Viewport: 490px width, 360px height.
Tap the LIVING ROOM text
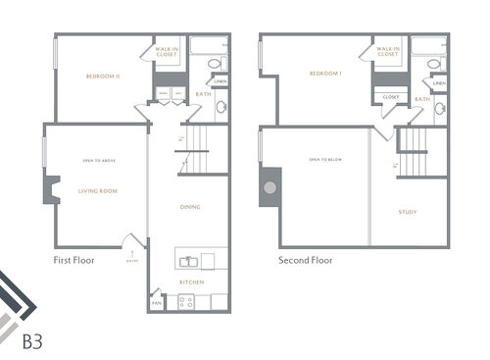97,191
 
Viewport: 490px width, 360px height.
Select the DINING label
191,206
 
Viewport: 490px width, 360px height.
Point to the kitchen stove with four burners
186,301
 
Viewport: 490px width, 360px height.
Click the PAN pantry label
157,303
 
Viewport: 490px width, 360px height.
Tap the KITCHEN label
191,282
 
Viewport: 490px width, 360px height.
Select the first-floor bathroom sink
220,107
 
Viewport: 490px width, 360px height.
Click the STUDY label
407,211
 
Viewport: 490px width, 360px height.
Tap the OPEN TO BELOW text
322,159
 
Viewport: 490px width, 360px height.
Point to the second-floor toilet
434,65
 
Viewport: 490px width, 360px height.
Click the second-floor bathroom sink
440,107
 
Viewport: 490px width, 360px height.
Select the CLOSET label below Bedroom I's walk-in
390,97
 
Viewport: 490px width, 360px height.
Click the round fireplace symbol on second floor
269,186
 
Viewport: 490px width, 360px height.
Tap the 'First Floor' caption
74,261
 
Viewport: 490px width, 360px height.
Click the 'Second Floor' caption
306,261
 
